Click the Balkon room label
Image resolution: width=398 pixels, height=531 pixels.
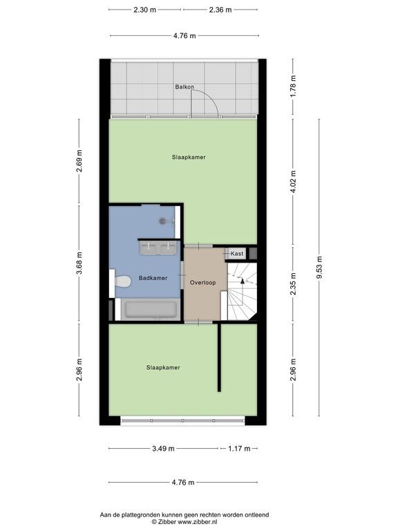coord(184,87)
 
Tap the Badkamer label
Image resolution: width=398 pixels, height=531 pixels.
coord(153,278)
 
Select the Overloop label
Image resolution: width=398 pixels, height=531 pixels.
coord(202,282)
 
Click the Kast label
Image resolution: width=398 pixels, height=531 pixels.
coord(237,253)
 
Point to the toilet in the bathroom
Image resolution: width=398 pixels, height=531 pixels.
coord(122,281)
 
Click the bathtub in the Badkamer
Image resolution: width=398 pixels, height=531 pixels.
coord(151,309)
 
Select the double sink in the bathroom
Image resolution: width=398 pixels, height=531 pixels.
coord(158,248)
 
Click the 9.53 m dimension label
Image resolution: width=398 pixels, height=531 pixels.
coord(319,268)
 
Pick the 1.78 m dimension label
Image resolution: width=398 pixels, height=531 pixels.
coord(293,86)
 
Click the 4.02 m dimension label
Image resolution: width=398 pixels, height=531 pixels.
coord(293,182)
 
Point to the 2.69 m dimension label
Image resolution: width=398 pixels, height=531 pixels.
coord(79,161)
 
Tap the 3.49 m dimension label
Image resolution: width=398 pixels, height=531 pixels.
coord(164,449)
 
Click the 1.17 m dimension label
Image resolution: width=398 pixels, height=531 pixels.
coord(239,449)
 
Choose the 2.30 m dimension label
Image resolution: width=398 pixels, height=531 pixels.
coord(145,10)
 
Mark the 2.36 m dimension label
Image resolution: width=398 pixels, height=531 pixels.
coord(220,10)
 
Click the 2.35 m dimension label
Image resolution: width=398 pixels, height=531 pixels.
coord(293,283)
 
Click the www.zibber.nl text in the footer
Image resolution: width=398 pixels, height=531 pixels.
coord(198,522)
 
